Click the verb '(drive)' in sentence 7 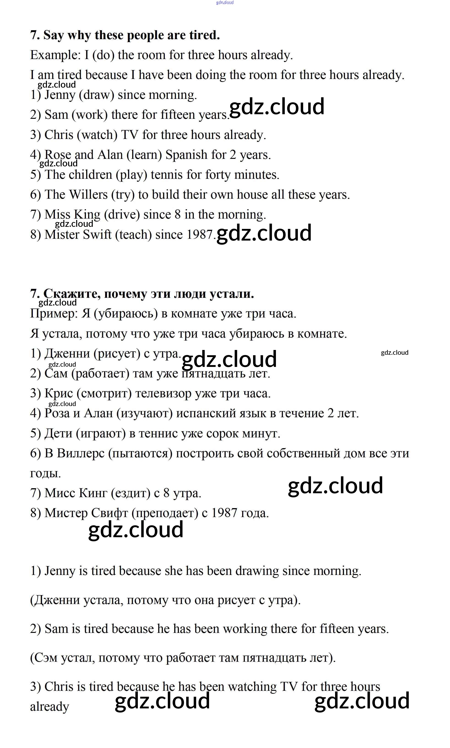(122, 214)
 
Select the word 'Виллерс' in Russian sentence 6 (80, 453)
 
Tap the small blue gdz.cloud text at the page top (225, 3)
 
